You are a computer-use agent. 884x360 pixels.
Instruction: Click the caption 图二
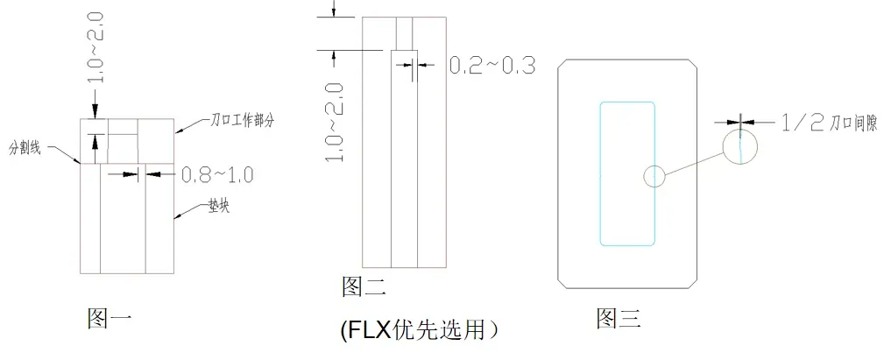point(363,286)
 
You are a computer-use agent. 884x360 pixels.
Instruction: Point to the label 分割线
point(28,145)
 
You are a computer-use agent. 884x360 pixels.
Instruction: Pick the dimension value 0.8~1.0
point(217,175)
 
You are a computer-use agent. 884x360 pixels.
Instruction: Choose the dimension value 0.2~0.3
point(492,66)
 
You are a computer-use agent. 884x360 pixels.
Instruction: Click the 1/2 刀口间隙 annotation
point(819,124)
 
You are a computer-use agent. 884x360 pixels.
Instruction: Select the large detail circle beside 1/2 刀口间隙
point(741,146)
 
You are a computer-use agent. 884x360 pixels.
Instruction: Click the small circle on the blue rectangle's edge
point(654,175)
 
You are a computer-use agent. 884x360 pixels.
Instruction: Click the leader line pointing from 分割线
point(67,156)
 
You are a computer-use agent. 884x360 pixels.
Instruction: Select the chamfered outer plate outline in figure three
point(561,175)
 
